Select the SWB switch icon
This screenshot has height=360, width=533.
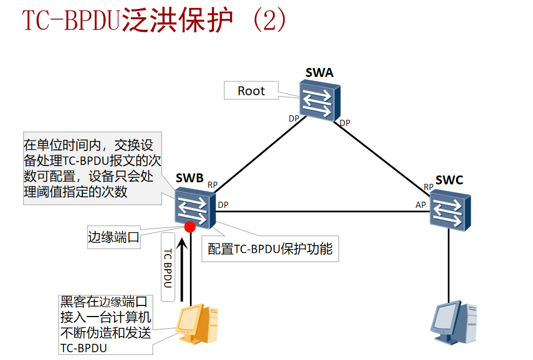[x=195, y=208]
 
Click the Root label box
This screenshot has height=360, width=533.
[x=251, y=91]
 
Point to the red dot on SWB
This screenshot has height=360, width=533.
[x=189, y=226]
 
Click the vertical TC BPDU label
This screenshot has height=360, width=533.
[x=169, y=267]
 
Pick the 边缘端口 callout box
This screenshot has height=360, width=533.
[x=114, y=237]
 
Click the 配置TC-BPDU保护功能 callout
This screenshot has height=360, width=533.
[x=270, y=249]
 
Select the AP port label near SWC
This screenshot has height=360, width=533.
[x=420, y=205]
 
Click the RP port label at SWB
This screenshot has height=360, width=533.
[x=213, y=184]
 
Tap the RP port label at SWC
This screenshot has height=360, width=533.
[x=428, y=187]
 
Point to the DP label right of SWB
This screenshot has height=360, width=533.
[x=223, y=205]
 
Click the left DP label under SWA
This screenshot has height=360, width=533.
[x=294, y=118]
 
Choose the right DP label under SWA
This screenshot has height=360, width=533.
[x=345, y=123]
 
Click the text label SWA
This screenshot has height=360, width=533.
[x=319, y=72]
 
